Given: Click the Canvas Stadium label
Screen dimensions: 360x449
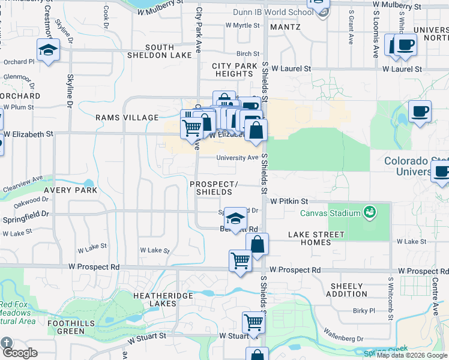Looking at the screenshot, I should [330, 213].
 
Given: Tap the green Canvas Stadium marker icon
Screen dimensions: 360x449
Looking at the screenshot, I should [369, 212].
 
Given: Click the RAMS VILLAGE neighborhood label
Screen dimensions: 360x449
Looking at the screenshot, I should [127, 118].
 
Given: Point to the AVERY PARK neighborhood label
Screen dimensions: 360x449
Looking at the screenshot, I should [70, 190].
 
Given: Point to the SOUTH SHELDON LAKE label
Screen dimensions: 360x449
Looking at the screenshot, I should [159, 52].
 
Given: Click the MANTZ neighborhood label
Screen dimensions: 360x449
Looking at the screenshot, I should [285, 27].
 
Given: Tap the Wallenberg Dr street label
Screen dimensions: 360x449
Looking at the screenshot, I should [343, 331].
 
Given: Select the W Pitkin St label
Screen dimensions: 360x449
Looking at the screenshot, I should [289, 202].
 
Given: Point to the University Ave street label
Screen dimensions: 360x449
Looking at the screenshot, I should [237, 158].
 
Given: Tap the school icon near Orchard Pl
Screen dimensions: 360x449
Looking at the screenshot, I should [48, 50].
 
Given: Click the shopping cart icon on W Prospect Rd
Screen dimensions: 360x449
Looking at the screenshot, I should [240, 262].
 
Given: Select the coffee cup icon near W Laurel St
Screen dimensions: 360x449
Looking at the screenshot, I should [405, 45].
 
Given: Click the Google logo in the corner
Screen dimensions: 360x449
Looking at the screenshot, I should [19, 353].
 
